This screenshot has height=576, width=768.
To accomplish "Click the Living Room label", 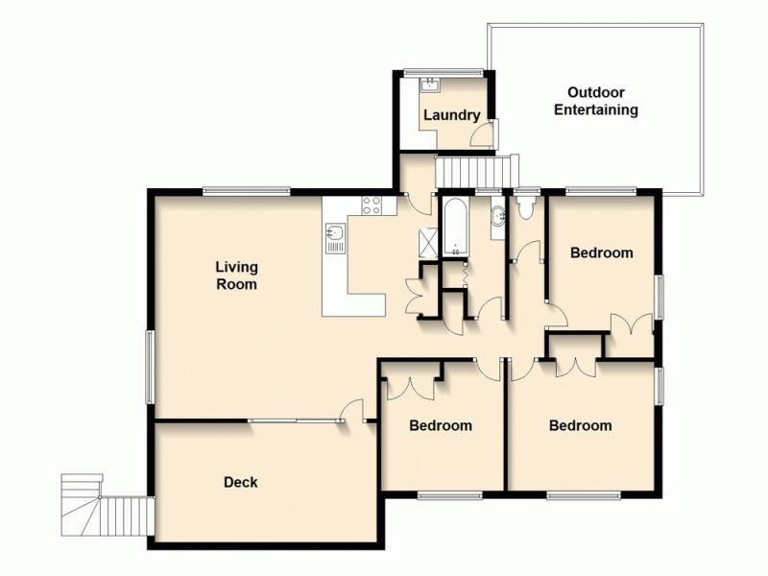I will click(236, 276).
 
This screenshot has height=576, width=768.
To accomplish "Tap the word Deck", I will click(240, 482).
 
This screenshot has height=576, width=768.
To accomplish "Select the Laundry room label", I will click(451, 115).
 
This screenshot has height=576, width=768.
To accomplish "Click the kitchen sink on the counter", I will click(335, 236).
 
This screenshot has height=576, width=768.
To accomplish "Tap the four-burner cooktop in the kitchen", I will click(371, 204).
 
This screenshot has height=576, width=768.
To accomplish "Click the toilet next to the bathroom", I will click(524, 204).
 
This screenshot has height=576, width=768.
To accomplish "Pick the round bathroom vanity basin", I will click(496, 217).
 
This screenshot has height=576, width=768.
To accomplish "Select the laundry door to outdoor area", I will click(490, 132).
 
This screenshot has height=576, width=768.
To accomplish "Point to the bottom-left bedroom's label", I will click(441, 425).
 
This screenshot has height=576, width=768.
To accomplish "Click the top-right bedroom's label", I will click(601, 253).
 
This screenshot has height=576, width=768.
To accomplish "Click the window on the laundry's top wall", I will click(443, 71).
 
